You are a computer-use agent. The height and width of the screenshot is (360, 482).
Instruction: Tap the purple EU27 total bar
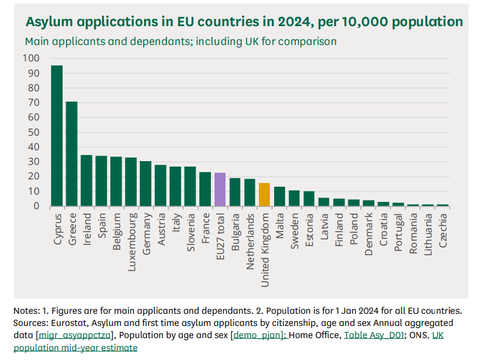pyautogui.click(x=220, y=190)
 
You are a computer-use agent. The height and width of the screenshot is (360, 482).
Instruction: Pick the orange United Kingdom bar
pyautogui.click(x=264, y=195)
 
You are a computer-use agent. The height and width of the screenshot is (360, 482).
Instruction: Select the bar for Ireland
pyautogui.click(x=86, y=181)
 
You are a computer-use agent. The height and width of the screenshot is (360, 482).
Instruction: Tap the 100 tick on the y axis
pyautogui.click(x=30, y=58)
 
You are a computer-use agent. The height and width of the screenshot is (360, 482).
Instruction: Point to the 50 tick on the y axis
pyautogui.click(x=33, y=133)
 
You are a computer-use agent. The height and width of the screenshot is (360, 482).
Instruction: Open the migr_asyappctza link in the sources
pyautogui.click(x=75, y=335)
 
